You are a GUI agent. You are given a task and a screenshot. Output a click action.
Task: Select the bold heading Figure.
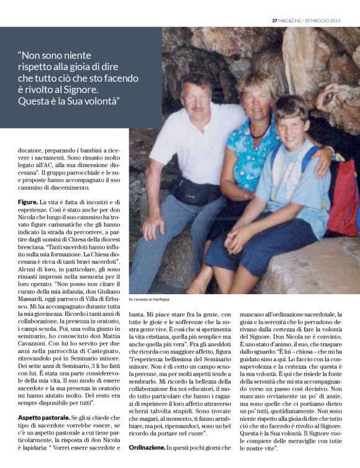click(27, 202)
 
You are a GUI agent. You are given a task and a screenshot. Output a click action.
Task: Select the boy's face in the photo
click(292, 122)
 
